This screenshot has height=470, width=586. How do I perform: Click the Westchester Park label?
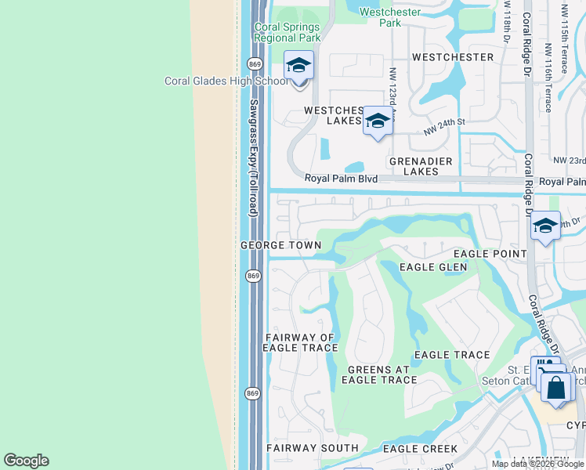pos(390,17)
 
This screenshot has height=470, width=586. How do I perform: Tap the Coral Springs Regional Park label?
pos(288,32)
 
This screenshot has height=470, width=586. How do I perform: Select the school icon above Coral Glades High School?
pos(298,65)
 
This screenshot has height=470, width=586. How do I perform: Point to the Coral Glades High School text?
pos(225,81)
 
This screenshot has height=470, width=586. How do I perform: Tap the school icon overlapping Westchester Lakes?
pos(378,121)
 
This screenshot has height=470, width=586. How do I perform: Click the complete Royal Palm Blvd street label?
pos(342,179)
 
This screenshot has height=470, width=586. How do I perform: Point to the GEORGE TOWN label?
pos(280,245)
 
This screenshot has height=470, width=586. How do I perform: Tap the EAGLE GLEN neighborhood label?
pos(432,267)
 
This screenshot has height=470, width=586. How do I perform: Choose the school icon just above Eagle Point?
pos(545,226)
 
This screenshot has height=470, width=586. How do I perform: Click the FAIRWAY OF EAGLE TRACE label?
pos(299,343)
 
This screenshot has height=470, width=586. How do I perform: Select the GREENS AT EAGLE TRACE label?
pos(382,375)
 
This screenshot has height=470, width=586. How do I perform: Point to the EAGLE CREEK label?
pos(420,449)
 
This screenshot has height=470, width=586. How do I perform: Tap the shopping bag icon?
pos(556,388)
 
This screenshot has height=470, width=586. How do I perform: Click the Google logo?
pos(26,461)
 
